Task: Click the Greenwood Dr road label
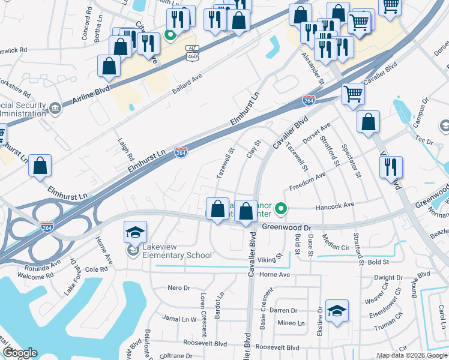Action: [288, 228]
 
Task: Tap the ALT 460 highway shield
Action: [192, 53]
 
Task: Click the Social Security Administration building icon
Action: [55, 109]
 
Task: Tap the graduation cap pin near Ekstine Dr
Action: [337, 311]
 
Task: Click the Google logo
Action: [20, 353]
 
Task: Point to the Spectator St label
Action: [351, 161]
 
